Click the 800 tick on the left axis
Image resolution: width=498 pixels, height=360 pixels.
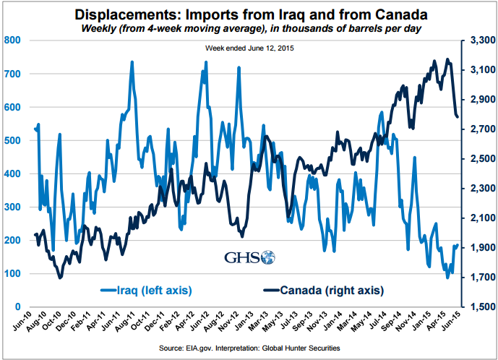[x=12, y=40]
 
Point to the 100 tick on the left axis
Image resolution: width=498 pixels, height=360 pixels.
[x=12, y=274]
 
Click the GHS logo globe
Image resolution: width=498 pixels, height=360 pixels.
[x=268, y=257]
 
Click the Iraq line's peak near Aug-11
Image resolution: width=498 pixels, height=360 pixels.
[x=132, y=62]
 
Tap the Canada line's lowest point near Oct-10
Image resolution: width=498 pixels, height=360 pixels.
[x=60, y=278]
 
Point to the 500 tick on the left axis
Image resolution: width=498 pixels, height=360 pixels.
[x=12, y=140]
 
